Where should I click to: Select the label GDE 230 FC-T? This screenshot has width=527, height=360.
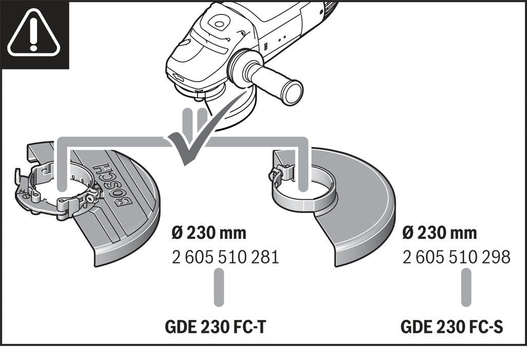click(x=216, y=327)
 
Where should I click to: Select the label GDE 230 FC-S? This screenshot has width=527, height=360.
click(x=452, y=327)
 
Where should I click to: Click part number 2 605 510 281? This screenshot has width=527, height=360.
click(x=226, y=256)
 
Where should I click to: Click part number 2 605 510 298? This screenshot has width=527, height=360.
click(x=457, y=256)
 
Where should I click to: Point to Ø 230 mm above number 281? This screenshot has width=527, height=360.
click(x=209, y=233)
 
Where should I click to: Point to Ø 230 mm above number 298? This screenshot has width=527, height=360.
click(x=440, y=233)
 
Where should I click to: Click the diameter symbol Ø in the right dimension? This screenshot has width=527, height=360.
click(x=409, y=233)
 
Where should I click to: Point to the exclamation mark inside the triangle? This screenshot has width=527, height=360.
click(x=34, y=33)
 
